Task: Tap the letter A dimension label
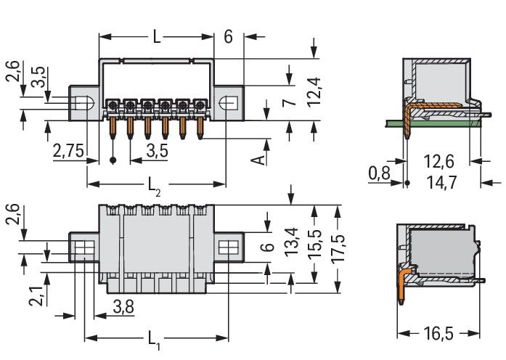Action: (x=259, y=158)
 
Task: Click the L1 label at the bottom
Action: (x=155, y=339)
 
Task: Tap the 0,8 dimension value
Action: (x=378, y=174)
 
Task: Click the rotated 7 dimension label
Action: (x=288, y=104)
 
